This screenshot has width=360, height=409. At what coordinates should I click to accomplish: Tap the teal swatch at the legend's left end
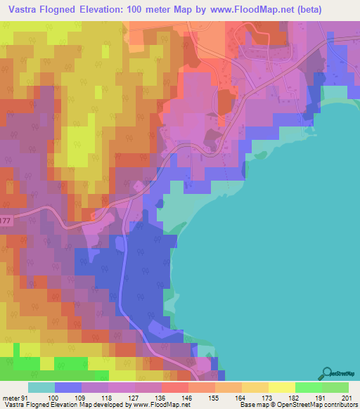[x=41, y=387]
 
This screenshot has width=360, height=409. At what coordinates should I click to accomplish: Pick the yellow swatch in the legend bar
[x=282, y=387]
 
